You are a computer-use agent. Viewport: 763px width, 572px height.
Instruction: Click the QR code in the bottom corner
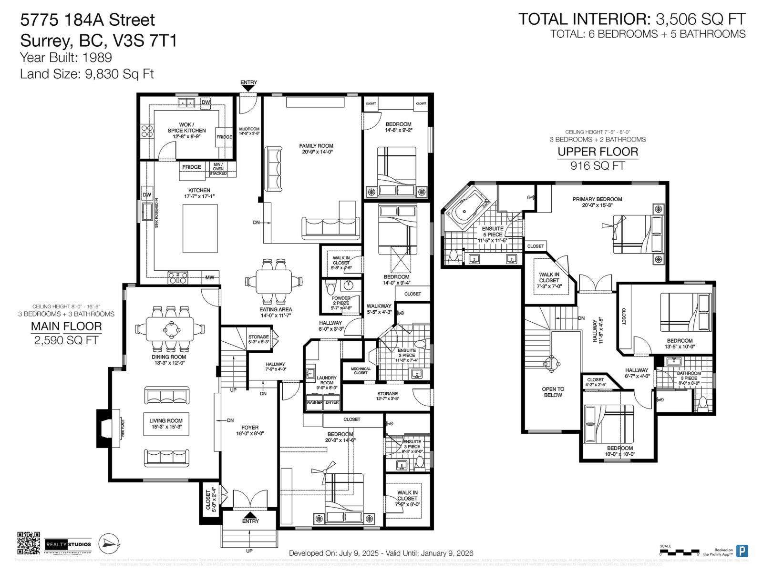(x=29, y=543)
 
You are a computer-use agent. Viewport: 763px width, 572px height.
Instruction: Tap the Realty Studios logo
(x=68, y=544)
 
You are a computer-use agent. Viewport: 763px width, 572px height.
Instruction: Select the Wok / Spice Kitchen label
(x=186, y=131)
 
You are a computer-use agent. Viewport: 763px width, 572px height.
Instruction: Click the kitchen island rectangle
(x=200, y=228)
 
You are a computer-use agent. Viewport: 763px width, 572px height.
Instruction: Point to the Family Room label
(x=316, y=149)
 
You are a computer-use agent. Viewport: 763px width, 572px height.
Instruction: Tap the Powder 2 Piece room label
(x=341, y=303)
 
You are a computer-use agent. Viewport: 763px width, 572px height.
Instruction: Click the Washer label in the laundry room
(x=314, y=402)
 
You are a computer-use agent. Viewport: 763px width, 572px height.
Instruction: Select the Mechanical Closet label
(x=361, y=371)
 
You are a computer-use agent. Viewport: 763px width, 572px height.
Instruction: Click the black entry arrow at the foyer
(x=250, y=515)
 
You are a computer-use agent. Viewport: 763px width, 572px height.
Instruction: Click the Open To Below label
(x=553, y=392)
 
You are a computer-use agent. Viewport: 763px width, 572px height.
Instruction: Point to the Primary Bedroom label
(x=597, y=202)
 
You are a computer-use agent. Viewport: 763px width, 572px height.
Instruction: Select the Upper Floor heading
(x=598, y=152)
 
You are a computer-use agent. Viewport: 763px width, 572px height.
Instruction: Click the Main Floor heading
(x=66, y=327)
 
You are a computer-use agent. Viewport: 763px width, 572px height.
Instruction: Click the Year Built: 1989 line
(x=66, y=58)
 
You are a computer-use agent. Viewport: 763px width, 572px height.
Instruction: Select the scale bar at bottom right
(x=679, y=552)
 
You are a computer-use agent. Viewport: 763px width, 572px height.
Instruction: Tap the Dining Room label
(x=168, y=360)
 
